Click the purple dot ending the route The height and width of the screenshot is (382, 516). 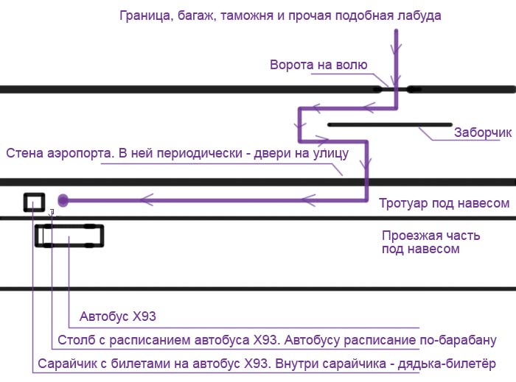point(63,200)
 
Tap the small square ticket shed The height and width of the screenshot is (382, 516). point(34,194)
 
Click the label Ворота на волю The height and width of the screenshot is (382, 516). point(318,65)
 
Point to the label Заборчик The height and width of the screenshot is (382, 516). point(483,132)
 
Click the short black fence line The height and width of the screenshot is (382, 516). point(390,125)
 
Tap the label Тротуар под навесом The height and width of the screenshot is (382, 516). point(444,203)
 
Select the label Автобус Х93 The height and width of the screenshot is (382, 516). point(117,316)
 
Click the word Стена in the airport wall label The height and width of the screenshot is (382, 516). point(24,153)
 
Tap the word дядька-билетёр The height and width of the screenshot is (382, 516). point(447,364)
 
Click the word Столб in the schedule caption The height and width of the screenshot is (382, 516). point(77,340)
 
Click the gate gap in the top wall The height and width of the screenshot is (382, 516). point(394,89)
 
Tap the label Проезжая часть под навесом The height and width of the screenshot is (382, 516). point(430,242)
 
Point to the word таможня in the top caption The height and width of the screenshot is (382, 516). point(247,15)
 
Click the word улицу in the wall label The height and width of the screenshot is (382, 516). point(330,154)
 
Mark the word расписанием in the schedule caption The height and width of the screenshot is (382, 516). point(151,340)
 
